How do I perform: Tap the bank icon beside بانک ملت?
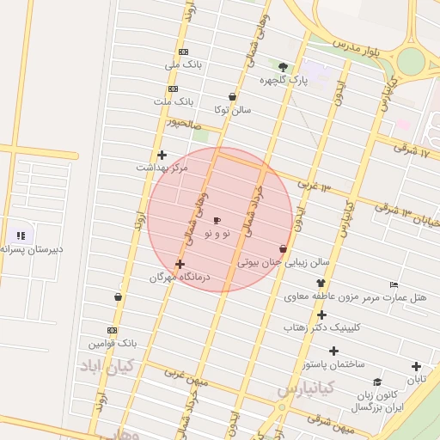coord(173,89)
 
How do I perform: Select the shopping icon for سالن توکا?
coord(232,96)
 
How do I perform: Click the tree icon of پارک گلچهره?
coord(283,66)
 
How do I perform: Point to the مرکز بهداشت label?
coord(162,168)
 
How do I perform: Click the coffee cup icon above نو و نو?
coord(216,221)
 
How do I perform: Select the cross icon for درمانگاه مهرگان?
coord(180,264)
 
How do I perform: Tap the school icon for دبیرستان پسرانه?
coord(21,235)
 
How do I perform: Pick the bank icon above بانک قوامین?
coord(112,330)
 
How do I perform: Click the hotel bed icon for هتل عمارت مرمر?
coord(394,284)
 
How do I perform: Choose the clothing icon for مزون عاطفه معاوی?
coord(320,284)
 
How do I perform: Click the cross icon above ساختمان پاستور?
coord(333,351)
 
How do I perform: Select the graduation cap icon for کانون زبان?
coord(376,382)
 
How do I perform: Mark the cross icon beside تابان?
coord(416,366)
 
